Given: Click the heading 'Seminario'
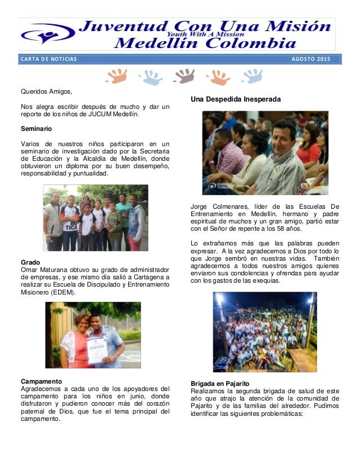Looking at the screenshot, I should [36, 128].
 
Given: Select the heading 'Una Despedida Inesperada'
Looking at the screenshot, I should [236, 99].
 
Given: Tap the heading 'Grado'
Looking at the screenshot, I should [30, 262].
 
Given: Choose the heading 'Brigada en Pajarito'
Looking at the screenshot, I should [220, 383].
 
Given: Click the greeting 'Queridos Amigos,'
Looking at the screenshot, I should [47, 91].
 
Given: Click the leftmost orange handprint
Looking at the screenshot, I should [117, 76].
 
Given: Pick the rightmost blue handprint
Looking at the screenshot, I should [252, 76].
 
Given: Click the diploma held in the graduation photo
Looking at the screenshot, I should [96, 350].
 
